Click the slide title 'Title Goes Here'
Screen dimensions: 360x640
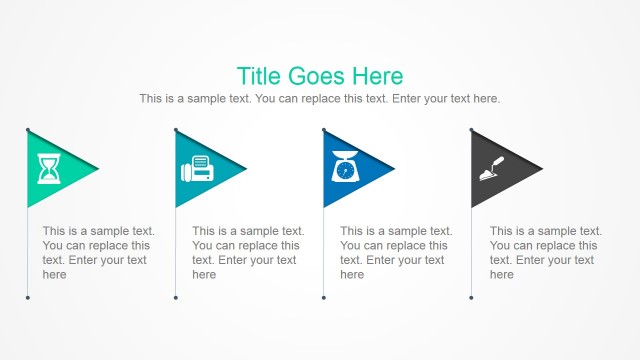click(x=320, y=76)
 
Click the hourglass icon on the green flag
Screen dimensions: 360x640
click(x=48, y=169)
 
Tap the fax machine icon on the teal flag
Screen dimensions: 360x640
click(x=196, y=170)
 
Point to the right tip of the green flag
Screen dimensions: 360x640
click(x=98, y=168)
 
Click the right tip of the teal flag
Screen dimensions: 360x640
click(x=246, y=168)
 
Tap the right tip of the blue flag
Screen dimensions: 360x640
click(x=394, y=168)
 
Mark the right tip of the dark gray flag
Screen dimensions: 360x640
click(x=542, y=168)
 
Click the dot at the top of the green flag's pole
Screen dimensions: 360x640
click(x=27, y=129)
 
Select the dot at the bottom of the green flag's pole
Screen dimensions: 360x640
click(x=27, y=297)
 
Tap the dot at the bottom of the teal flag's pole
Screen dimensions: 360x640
click(x=175, y=297)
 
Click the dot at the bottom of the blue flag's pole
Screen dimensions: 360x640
click(x=323, y=297)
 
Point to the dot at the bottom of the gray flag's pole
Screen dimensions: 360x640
click(x=471, y=297)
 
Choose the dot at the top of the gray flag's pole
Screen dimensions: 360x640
click(x=471, y=129)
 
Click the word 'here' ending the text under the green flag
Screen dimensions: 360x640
click(x=55, y=275)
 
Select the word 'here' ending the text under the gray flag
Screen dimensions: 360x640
click(x=502, y=275)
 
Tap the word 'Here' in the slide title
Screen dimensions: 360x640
click(x=378, y=76)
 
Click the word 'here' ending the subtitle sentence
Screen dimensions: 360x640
click(x=486, y=99)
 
